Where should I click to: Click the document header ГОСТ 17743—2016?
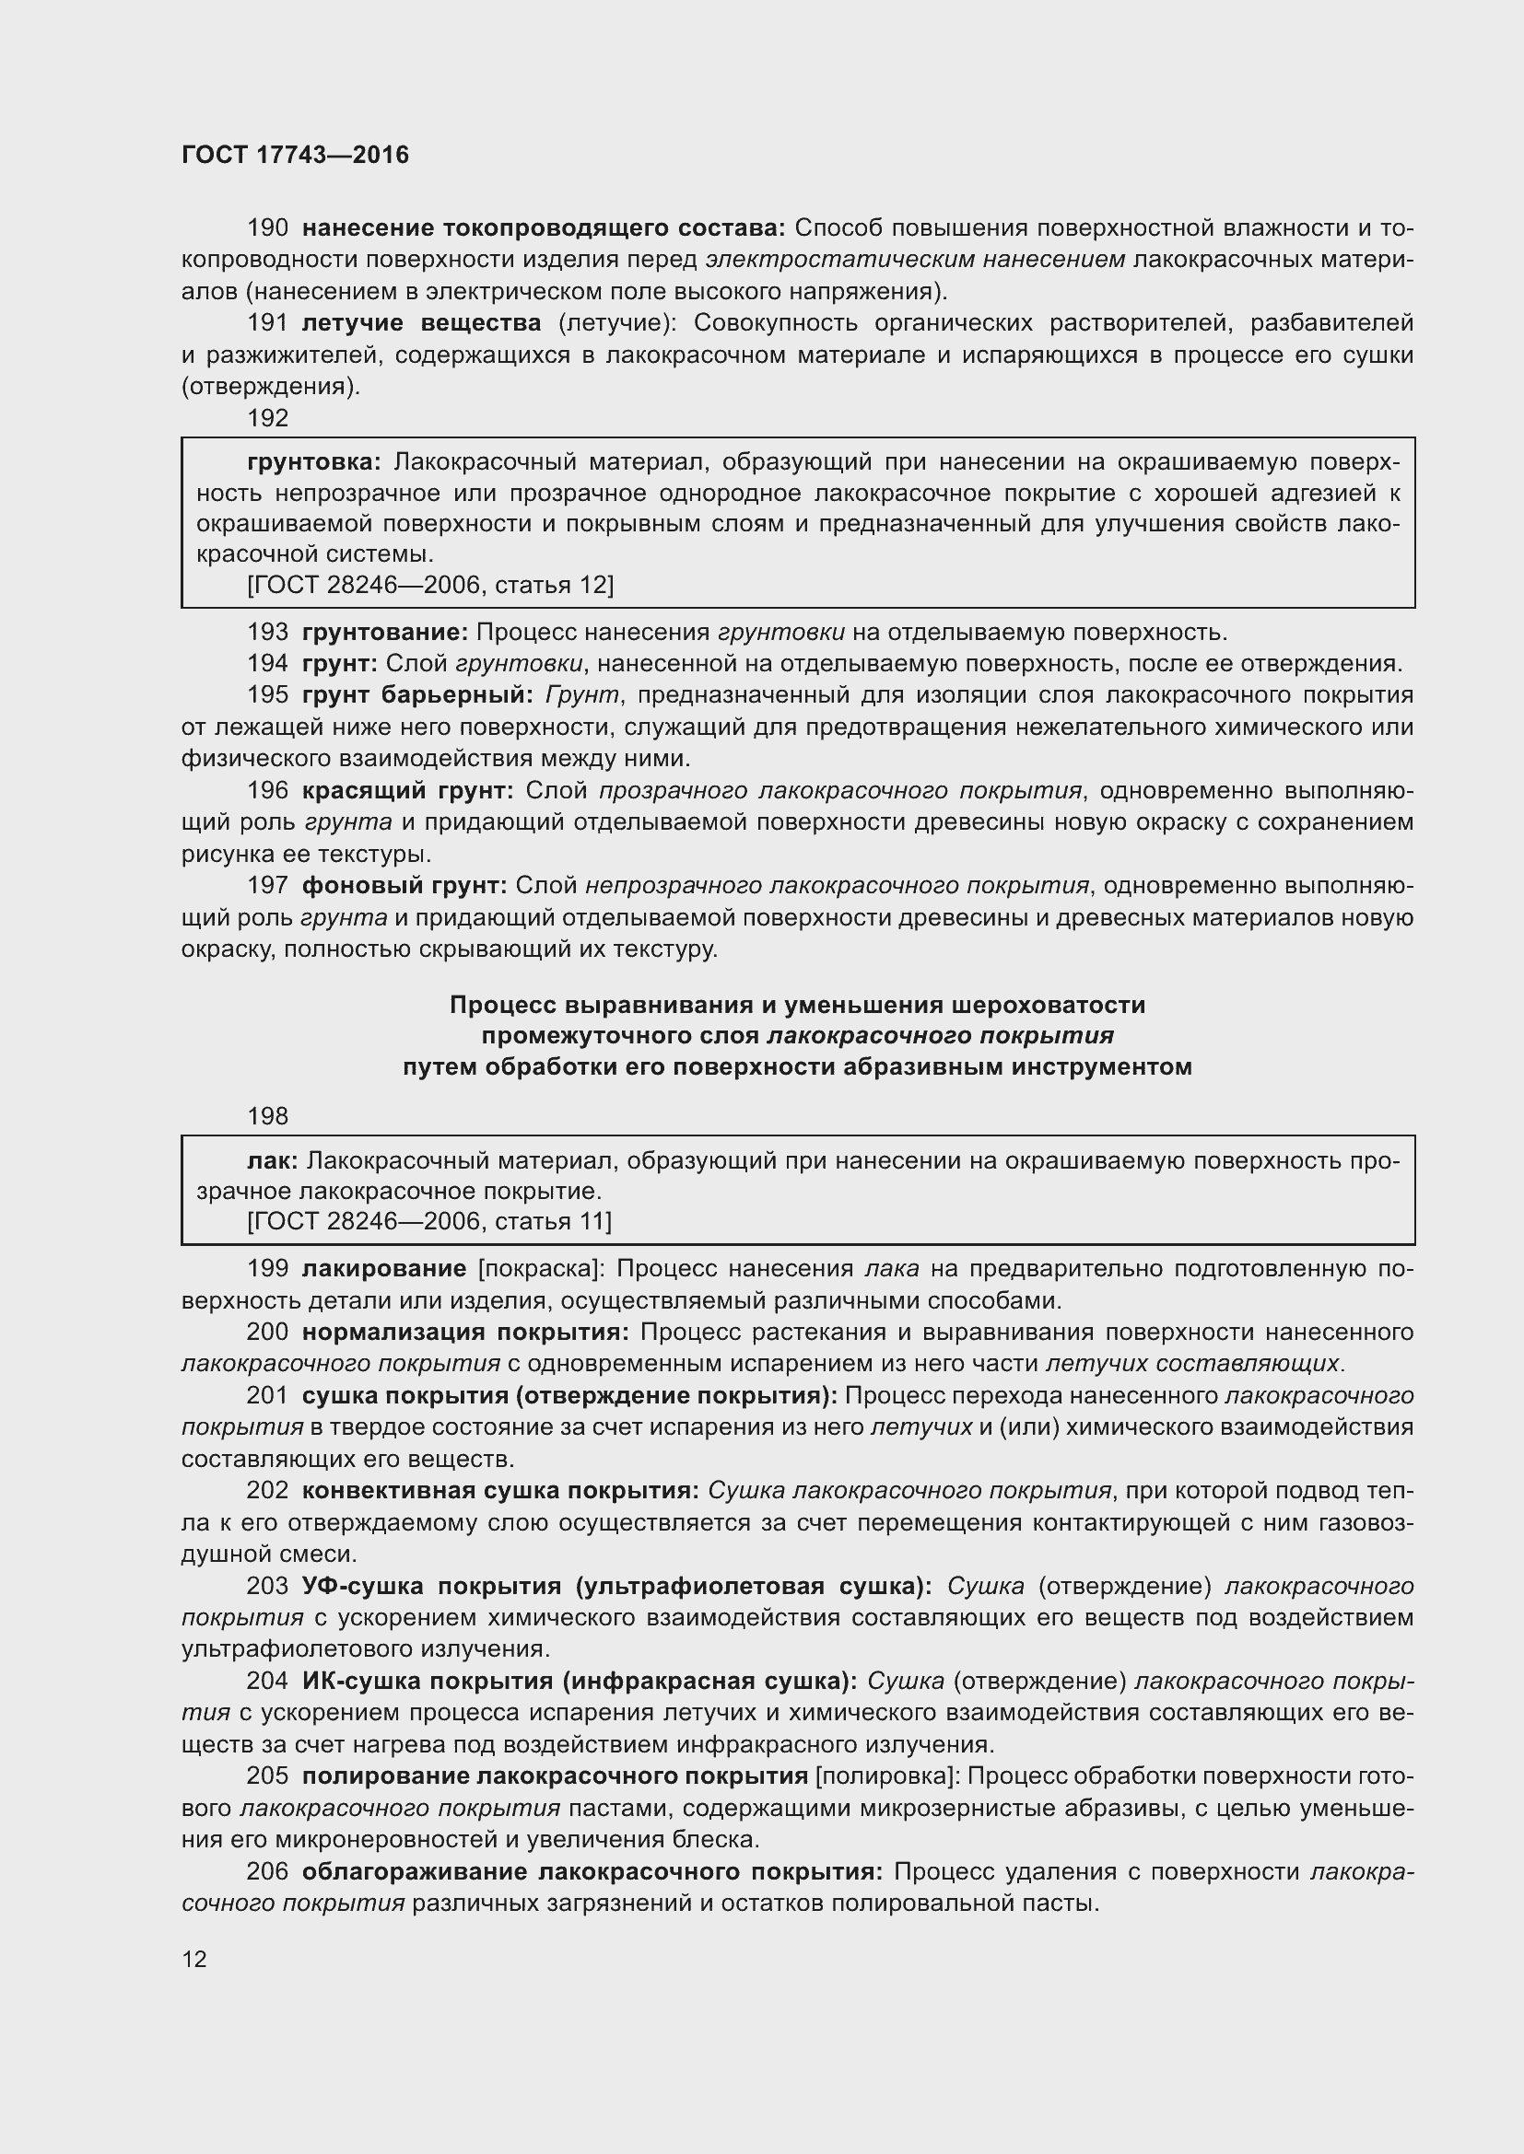[x=295, y=156]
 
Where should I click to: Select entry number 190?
[x=267, y=228]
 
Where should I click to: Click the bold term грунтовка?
[x=313, y=461]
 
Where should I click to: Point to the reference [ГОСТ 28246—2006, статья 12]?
[x=429, y=586]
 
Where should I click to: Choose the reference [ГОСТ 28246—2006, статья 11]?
[x=428, y=1221]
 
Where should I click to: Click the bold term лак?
[x=272, y=1161]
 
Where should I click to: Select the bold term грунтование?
[x=385, y=633]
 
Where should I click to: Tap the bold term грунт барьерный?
[x=417, y=695]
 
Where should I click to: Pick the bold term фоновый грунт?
[x=404, y=886]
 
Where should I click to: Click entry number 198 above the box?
[x=267, y=1116]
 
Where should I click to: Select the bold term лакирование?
[x=384, y=1269]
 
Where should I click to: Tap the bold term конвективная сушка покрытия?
[x=500, y=1491]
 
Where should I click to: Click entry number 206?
[x=267, y=1871]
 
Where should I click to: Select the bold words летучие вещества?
[x=421, y=323]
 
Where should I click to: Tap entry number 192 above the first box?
[x=267, y=418]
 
